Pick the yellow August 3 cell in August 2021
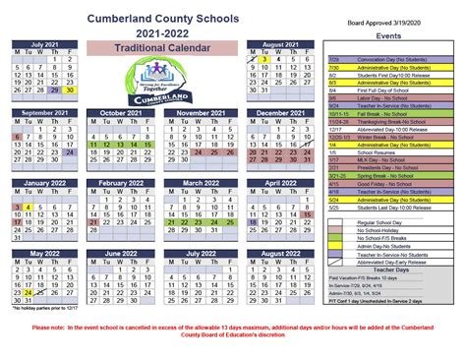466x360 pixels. (x=265, y=59)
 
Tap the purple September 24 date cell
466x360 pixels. (x=68, y=153)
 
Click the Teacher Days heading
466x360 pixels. (x=412, y=271)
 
